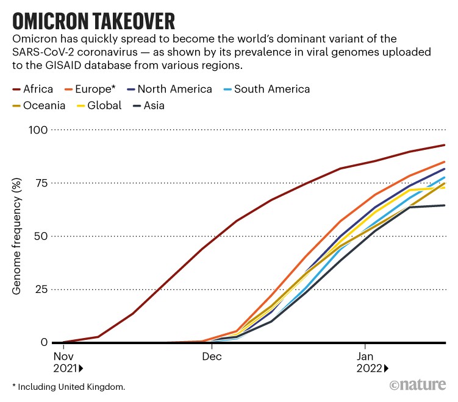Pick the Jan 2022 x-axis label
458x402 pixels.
point(369,362)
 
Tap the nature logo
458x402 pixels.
point(418,385)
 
